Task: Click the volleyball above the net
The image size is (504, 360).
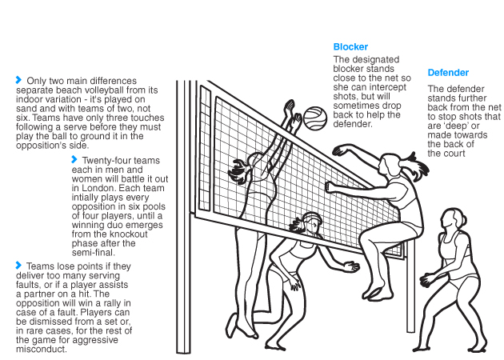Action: [315, 118]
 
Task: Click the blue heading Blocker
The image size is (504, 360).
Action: [350, 47]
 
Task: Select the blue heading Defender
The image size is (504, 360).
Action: [448, 73]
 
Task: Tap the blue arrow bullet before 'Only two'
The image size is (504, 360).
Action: [18, 80]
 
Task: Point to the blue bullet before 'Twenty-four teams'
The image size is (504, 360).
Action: [74, 159]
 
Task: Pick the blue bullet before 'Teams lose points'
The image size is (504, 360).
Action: [18, 265]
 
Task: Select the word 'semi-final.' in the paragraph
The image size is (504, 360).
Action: [93, 253]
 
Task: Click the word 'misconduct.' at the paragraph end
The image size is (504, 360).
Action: [42, 350]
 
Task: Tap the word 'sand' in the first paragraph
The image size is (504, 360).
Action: [26, 109]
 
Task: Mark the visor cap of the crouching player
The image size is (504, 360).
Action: [312, 218]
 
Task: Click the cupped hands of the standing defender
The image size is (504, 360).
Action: [429, 279]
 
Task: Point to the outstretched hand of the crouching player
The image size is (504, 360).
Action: [351, 266]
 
